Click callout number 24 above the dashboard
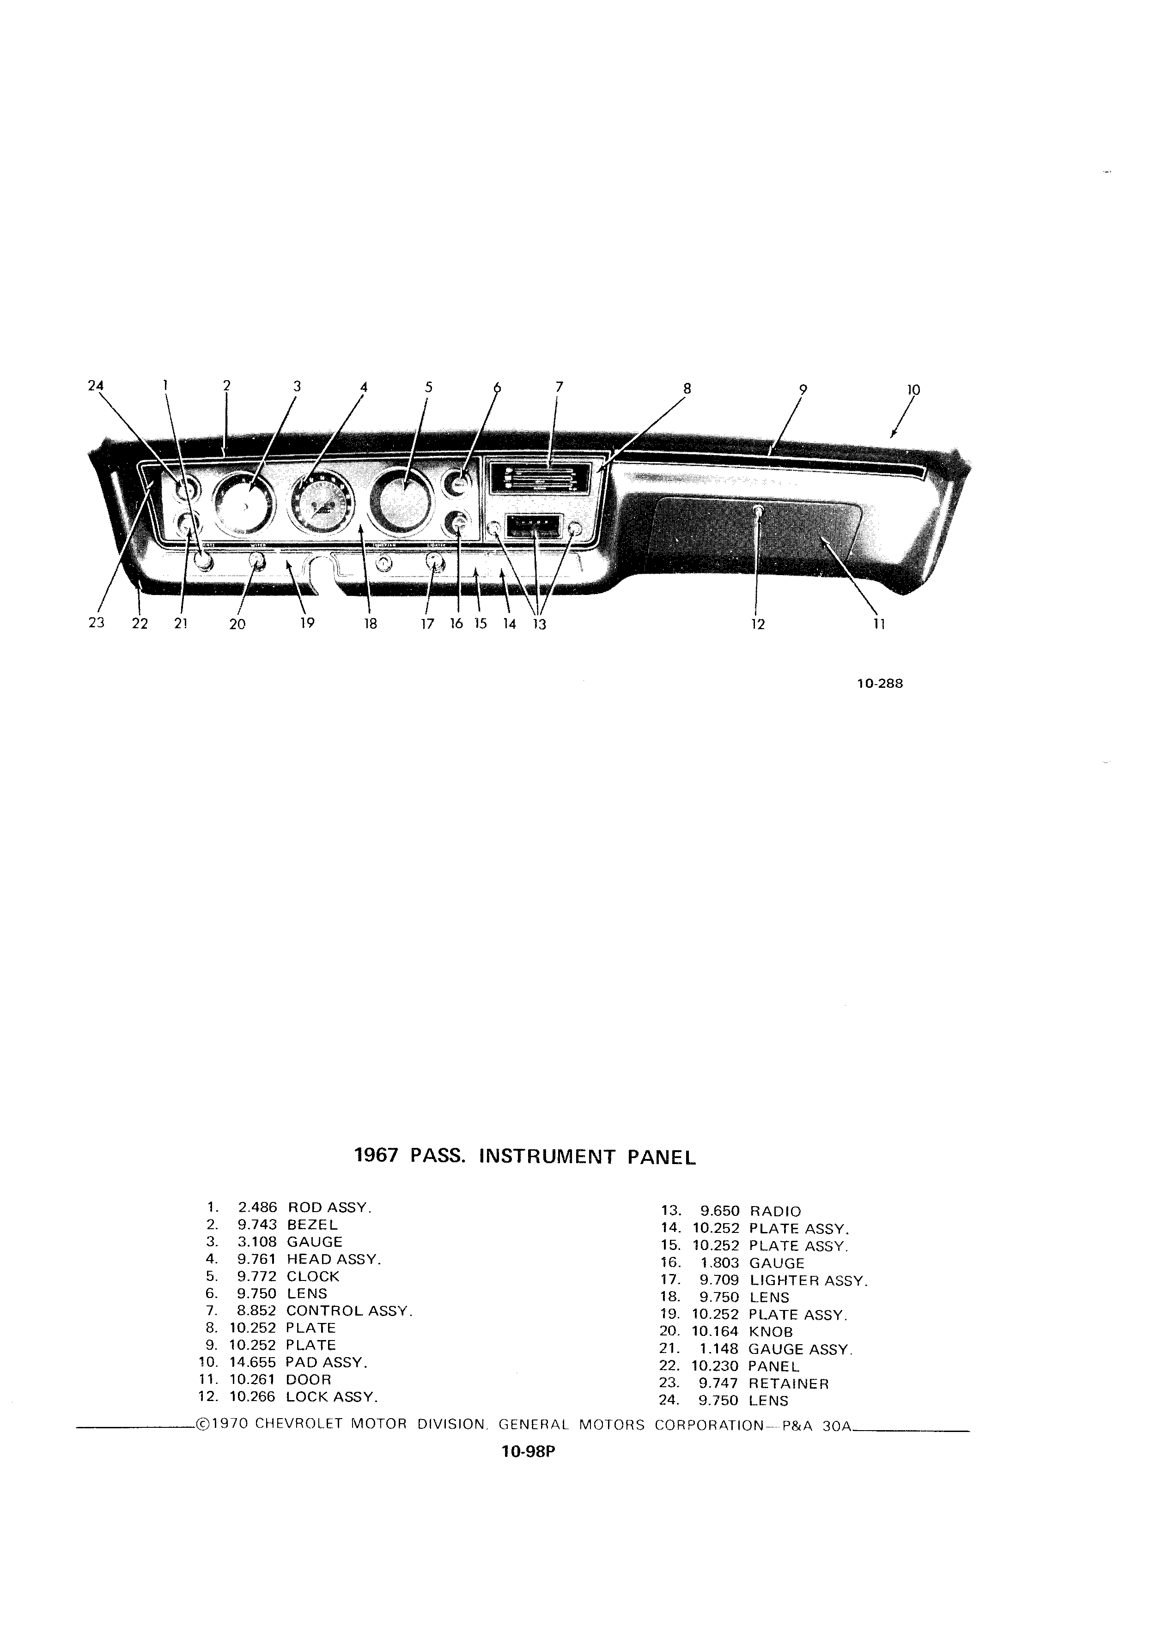click(x=95, y=386)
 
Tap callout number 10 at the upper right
click(x=913, y=390)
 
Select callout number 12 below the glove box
click(x=758, y=625)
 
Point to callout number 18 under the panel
click(x=370, y=624)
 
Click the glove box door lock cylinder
click(x=759, y=512)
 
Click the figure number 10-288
click(x=880, y=683)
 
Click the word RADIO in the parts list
click(x=775, y=1212)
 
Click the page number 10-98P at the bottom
click(x=529, y=1452)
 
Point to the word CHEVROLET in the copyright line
click(x=299, y=1425)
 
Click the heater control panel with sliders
click(x=540, y=476)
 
